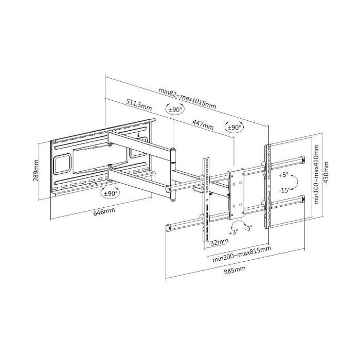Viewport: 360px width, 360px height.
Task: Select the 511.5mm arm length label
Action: point(139,104)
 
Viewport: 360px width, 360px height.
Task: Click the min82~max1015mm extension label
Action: point(187,98)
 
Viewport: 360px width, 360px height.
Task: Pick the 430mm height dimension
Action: point(326,172)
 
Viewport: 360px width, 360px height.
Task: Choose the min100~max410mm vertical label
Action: point(316,174)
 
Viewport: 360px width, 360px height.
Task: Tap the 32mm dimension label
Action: point(220,242)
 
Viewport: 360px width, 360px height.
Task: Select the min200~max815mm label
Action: point(242,254)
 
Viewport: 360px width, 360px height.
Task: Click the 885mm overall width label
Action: point(235,270)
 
